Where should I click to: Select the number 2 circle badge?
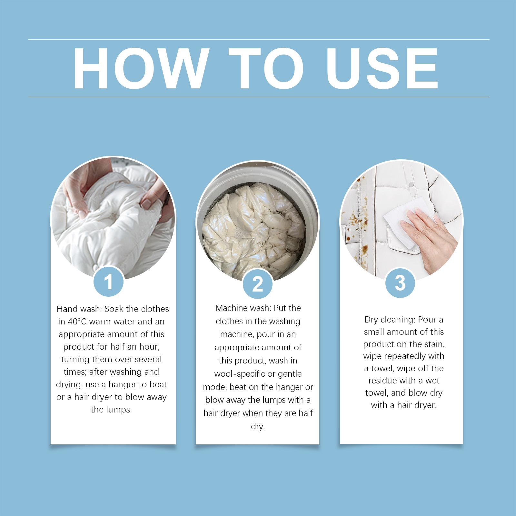[257, 284]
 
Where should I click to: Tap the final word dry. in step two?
[258, 427]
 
